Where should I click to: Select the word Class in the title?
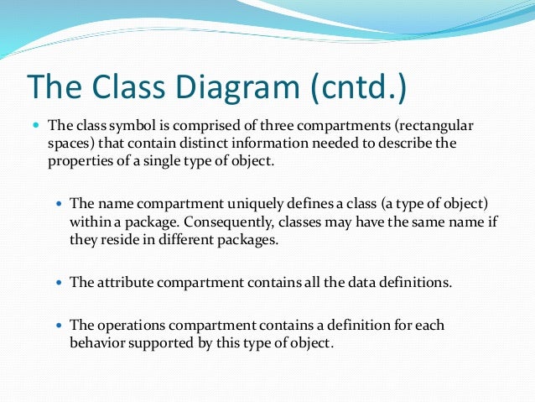(x=115, y=86)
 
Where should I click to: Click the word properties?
(x=77, y=161)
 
